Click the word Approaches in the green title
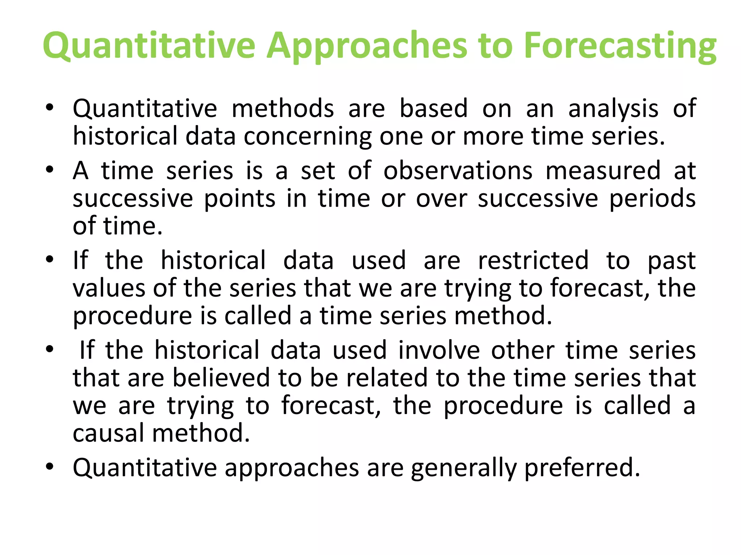pyautogui.click(x=366, y=46)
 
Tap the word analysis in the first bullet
pyautogui.click(x=613, y=108)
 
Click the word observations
pyautogui.click(x=458, y=171)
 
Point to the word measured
pyautogui.click(x=603, y=171)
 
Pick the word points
pyautogui.click(x=240, y=199)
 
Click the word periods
pyautogui.click(x=652, y=199)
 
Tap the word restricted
pyautogui.click(x=533, y=260)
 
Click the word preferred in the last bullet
pyautogui.click(x=582, y=468)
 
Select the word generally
pyautogui.click(x=463, y=468)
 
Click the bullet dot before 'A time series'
pyautogui.click(x=50, y=170)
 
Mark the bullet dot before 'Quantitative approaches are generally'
pyautogui.click(x=50, y=466)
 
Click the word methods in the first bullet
pyautogui.click(x=283, y=108)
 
